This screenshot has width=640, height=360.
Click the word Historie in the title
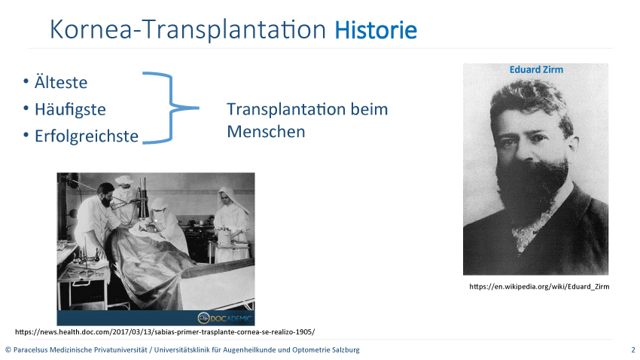click(376, 30)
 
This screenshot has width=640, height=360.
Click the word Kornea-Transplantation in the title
click(187, 29)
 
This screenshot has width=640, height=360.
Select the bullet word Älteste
click(61, 82)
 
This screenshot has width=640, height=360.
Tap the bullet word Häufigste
click(70, 109)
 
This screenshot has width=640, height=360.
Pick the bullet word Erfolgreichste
click(87, 136)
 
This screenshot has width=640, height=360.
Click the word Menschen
click(266, 132)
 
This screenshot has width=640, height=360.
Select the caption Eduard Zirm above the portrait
click(536, 69)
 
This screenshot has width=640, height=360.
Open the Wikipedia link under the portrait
click(539, 286)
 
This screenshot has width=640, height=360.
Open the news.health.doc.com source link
click(165, 332)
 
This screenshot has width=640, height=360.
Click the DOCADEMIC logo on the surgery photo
click(225, 318)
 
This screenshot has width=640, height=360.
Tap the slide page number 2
click(633, 349)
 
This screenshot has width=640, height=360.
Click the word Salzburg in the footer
click(346, 349)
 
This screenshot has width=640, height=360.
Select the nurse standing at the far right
click(231, 224)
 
